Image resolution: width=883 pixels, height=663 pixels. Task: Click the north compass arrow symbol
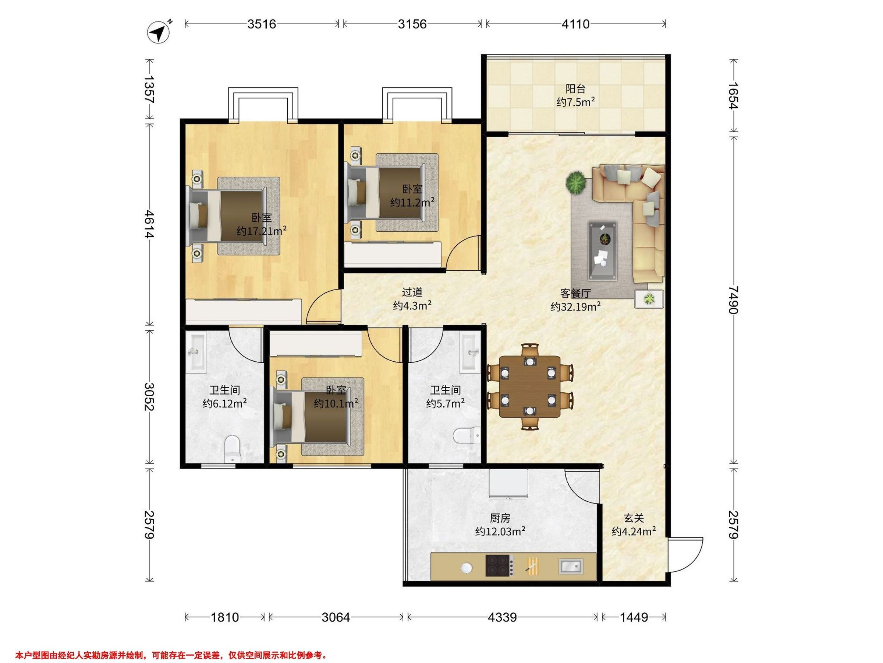159,32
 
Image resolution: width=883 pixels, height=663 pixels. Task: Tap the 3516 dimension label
262,24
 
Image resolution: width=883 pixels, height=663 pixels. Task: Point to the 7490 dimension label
733,300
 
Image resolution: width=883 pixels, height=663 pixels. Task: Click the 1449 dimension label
634,617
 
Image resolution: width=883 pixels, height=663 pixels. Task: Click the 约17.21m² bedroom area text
262,231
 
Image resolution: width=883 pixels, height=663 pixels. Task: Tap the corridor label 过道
412,292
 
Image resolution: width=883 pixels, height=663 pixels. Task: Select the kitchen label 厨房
500,518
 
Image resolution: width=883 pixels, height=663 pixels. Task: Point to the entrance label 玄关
634,518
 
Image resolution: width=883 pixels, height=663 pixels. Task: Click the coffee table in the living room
603,250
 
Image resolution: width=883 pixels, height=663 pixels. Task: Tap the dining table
530,387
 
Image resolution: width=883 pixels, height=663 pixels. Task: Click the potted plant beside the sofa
576,183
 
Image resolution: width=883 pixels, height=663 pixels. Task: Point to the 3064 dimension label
336,617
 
